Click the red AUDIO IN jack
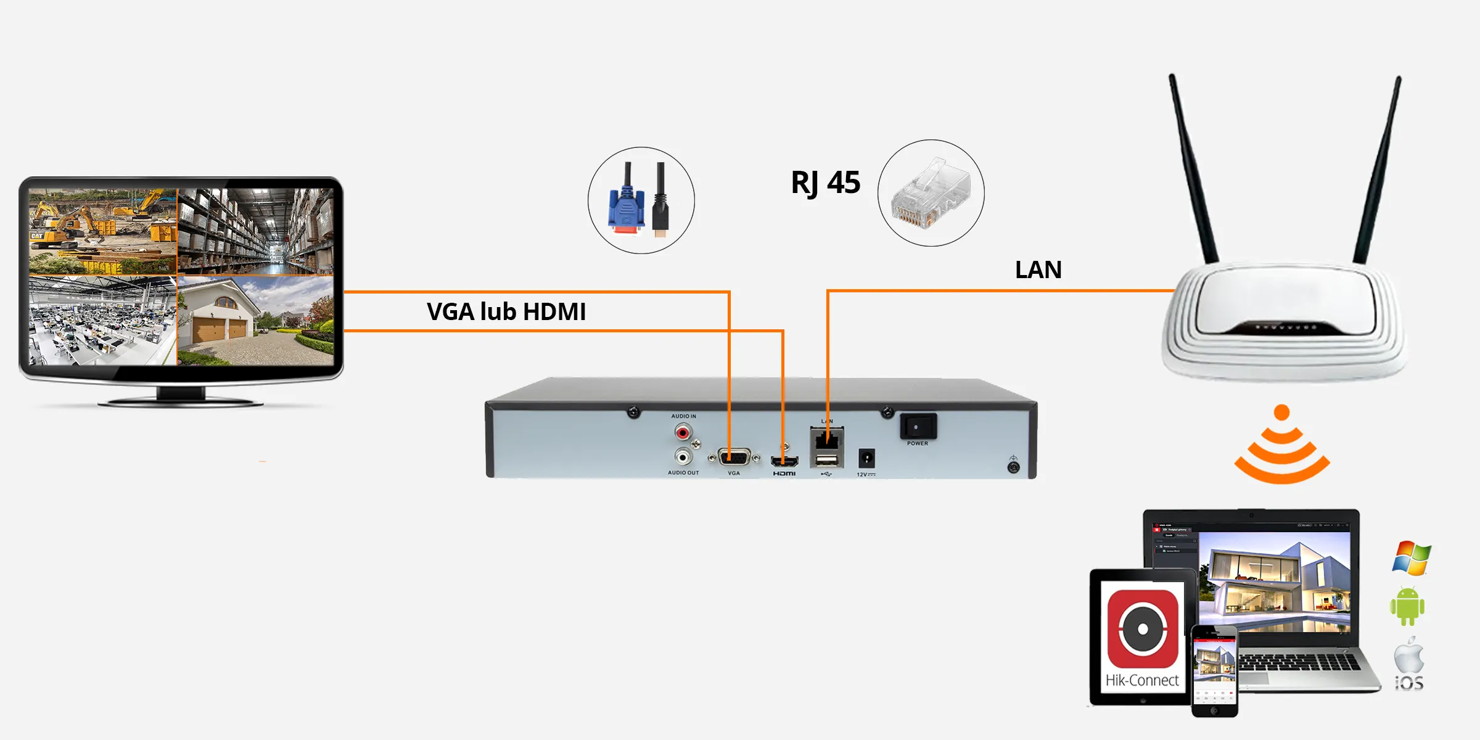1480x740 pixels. pyautogui.click(x=683, y=433)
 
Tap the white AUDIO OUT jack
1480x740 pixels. pyautogui.click(x=683, y=457)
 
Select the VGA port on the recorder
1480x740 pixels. pyautogui.click(x=734, y=458)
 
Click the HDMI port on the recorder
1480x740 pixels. pyautogui.click(x=784, y=461)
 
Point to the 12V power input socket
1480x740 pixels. pyautogui.click(x=866, y=459)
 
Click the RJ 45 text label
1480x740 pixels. pyautogui.click(x=825, y=183)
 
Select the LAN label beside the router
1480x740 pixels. pyautogui.click(x=1038, y=270)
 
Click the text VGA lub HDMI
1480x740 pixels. pyautogui.click(x=506, y=312)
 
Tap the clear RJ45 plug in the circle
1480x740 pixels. pyautogui.click(x=931, y=194)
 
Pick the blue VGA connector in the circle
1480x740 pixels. pyautogui.click(x=627, y=210)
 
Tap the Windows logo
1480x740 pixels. pyautogui.click(x=1412, y=558)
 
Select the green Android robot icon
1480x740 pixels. pyautogui.click(x=1407, y=606)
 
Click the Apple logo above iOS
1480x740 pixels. pyautogui.click(x=1409, y=657)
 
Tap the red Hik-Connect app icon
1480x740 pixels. pyautogui.click(x=1143, y=629)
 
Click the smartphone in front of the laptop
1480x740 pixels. pyautogui.click(x=1214, y=672)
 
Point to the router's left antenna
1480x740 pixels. pyautogui.click(x=1193, y=166)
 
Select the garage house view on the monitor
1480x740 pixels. pyautogui.click(x=255, y=321)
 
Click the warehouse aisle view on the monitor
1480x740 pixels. pyautogui.click(x=255, y=231)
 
